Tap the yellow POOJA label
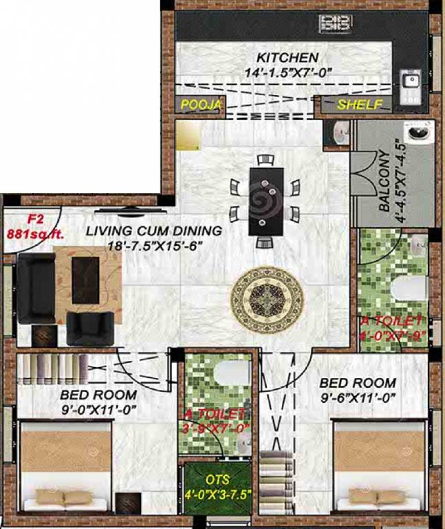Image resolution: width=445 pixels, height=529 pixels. click(202, 105)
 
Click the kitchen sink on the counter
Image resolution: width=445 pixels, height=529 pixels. click(411, 81)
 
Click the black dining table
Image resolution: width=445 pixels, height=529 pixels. click(265, 200)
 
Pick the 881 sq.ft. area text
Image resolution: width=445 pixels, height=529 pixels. click(34, 234)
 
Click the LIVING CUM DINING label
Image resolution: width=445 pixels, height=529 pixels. click(154, 231)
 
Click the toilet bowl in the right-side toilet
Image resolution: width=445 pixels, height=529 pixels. click(408, 287)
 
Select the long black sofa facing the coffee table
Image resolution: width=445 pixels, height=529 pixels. click(36, 289)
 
